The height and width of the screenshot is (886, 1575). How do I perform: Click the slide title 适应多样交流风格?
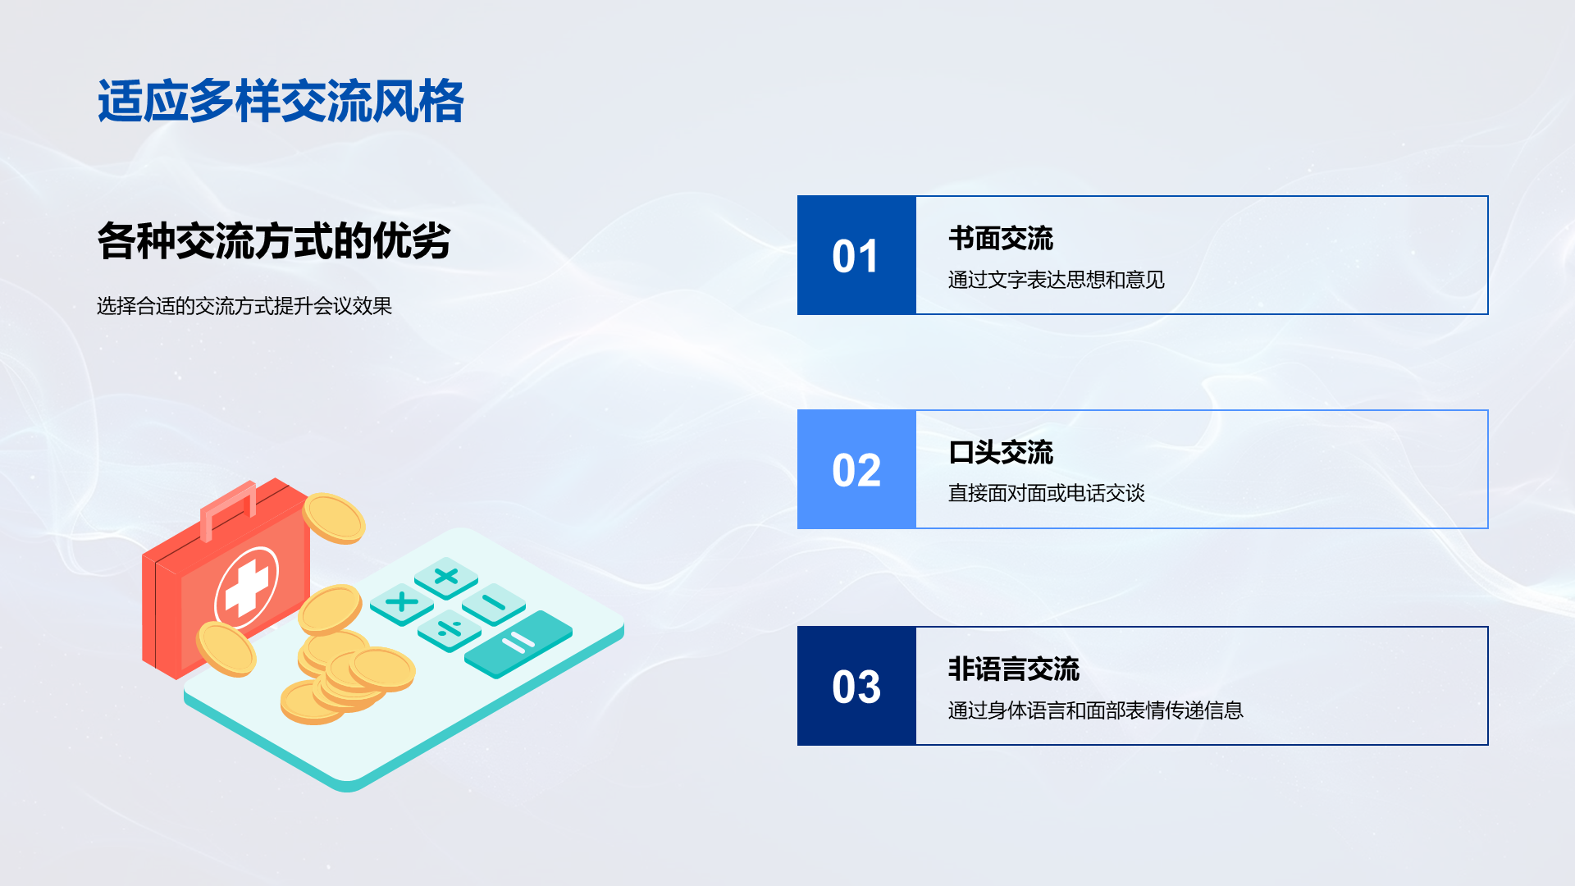(x=281, y=102)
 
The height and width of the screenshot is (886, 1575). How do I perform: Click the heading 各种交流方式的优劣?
(x=274, y=241)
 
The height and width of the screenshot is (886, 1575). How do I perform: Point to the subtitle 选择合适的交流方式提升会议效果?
(x=244, y=306)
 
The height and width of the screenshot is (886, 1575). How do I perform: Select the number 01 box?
(x=856, y=255)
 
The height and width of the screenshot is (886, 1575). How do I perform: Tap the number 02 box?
(x=856, y=469)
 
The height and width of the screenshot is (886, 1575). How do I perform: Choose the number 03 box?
(x=856, y=686)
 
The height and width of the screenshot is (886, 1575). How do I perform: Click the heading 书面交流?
(x=1001, y=239)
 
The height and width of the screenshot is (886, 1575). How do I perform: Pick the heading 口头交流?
(x=1001, y=452)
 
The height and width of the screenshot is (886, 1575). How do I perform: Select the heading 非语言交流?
(x=1014, y=669)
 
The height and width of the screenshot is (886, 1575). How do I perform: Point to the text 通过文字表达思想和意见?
(x=1057, y=280)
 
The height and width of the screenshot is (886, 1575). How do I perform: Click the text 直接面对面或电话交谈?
(x=1047, y=493)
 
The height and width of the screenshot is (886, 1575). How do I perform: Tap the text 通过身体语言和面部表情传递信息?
(x=1096, y=710)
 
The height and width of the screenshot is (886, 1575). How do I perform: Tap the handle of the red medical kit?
(x=229, y=509)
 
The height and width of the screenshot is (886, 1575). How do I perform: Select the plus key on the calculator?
(x=446, y=576)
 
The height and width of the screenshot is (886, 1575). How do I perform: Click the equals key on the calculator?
(x=518, y=643)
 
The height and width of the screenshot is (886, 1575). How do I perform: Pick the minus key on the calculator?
(x=494, y=604)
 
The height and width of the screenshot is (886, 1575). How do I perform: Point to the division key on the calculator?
(x=449, y=630)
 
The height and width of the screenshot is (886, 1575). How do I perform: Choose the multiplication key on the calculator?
(x=402, y=603)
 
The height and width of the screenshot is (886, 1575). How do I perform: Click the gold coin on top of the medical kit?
(x=334, y=518)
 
